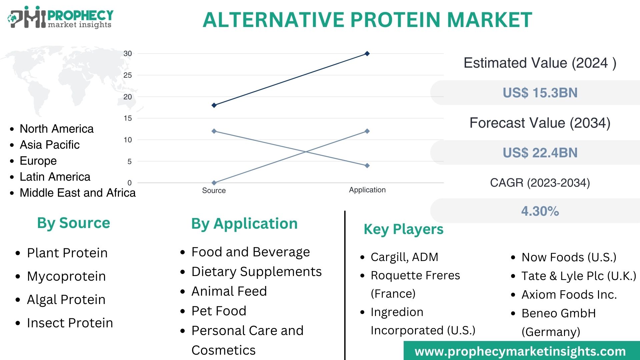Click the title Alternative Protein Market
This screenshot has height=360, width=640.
(x=367, y=20)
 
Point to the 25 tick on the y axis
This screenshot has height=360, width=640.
(x=128, y=75)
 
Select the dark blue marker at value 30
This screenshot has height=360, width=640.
(x=367, y=54)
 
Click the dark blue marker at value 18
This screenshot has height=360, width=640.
(x=214, y=105)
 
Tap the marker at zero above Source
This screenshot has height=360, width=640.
(x=214, y=183)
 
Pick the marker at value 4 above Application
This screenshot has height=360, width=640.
(x=367, y=166)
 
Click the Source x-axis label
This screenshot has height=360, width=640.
(x=214, y=191)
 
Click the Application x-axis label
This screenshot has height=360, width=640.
(x=367, y=190)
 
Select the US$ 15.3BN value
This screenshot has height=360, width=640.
(x=540, y=93)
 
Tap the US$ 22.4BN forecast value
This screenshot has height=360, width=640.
(x=540, y=153)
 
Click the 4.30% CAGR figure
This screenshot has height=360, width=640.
(x=540, y=211)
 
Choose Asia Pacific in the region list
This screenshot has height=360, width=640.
(x=50, y=145)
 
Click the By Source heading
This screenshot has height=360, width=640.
(x=73, y=223)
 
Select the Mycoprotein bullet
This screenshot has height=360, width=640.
(x=66, y=276)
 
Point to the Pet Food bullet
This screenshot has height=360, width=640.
(x=219, y=311)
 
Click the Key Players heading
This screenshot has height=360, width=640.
(x=403, y=229)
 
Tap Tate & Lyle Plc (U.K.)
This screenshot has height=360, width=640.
(x=578, y=276)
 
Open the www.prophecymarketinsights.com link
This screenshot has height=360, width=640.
(x=520, y=351)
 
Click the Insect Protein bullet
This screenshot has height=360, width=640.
(x=70, y=323)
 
